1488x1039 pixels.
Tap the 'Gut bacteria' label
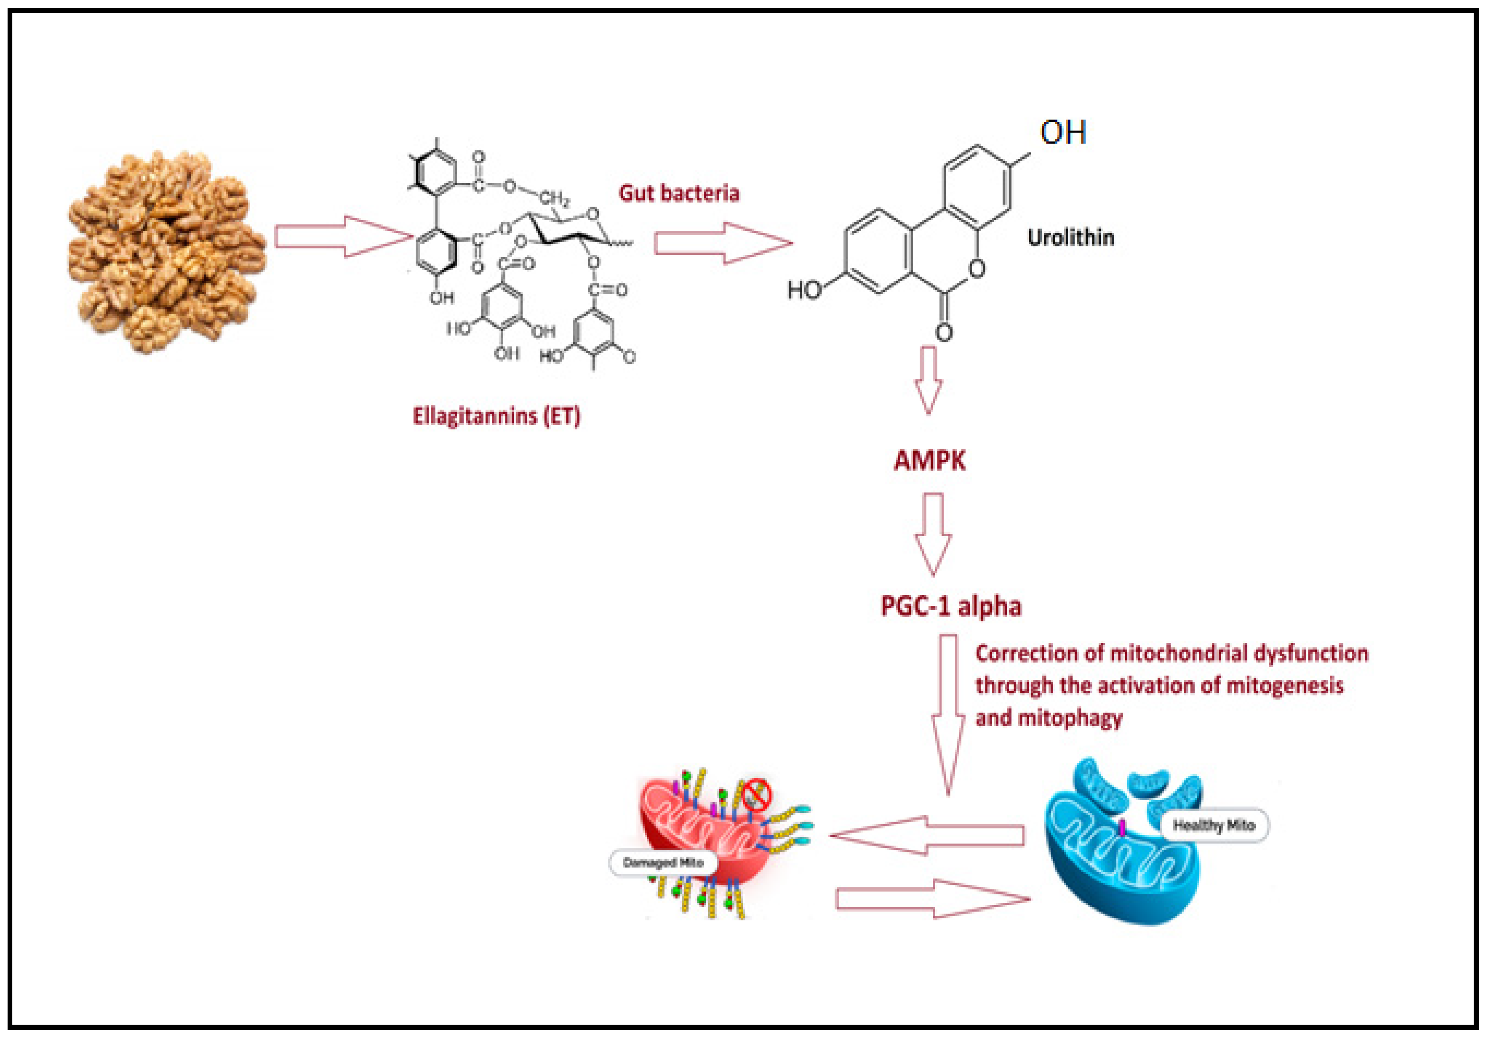click(679, 193)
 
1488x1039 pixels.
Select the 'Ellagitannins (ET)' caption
click(496, 416)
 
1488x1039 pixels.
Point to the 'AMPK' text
click(929, 461)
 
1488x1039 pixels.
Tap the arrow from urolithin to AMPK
click(928, 380)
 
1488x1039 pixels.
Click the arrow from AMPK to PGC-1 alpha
click(933, 534)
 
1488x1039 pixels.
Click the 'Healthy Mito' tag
click(1214, 825)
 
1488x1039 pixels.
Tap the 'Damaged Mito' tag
click(662, 863)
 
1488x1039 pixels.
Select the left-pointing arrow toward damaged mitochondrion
click(927, 836)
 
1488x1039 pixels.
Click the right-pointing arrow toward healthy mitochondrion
click(933, 899)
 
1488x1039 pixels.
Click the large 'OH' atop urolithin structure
click(1063, 133)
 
